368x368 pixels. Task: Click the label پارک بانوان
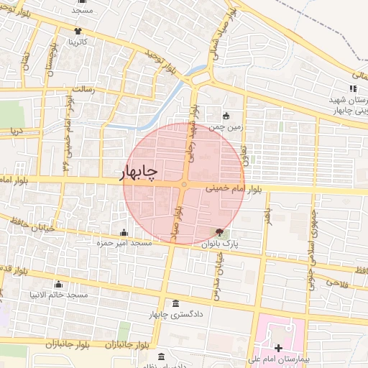(x=240, y=244)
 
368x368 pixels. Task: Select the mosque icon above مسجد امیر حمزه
(x=124, y=233)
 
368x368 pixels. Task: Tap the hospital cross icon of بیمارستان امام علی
(x=278, y=349)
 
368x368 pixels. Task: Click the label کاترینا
(x=78, y=42)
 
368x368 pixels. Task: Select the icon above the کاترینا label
(x=78, y=31)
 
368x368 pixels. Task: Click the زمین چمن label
(x=227, y=126)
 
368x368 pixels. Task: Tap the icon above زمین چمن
(x=226, y=116)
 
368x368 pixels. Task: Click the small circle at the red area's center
(x=184, y=185)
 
